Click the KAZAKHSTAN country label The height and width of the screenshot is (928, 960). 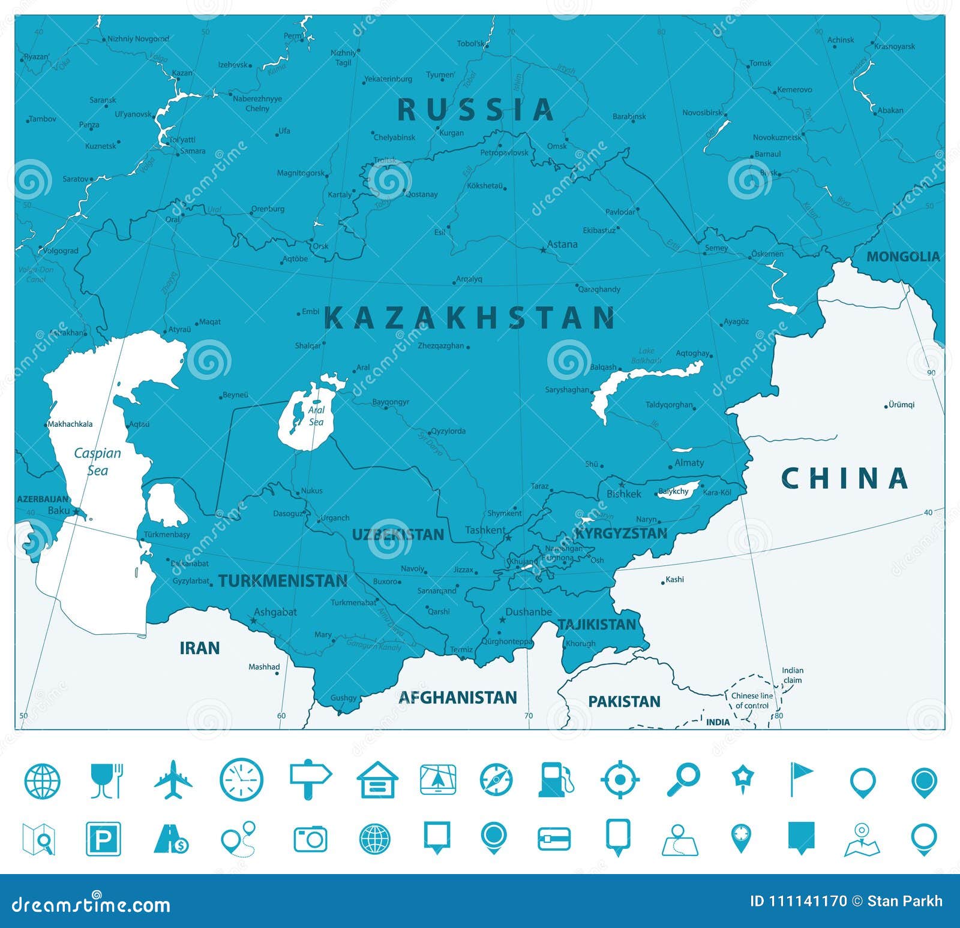tap(470, 317)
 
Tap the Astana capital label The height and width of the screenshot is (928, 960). tap(562, 244)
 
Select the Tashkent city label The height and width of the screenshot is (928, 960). tap(485, 530)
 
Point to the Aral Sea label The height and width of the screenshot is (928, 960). tap(316, 415)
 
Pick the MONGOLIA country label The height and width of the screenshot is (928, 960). tap(903, 257)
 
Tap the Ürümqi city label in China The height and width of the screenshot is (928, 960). tap(901, 405)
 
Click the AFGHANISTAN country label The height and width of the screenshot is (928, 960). tap(458, 697)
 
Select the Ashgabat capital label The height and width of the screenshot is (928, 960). tap(275, 612)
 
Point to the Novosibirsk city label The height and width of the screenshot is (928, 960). tap(702, 113)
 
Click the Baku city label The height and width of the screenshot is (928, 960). tap(59, 510)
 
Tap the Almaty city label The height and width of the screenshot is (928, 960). tap(689, 463)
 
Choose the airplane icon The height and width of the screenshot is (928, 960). tap(173, 780)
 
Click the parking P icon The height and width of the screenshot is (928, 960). tap(104, 838)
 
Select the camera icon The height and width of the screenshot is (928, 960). tap(310, 839)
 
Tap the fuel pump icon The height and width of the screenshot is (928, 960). tap(555, 779)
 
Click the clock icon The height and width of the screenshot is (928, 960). tap(241, 780)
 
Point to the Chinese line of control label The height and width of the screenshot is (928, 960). tap(752, 700)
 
